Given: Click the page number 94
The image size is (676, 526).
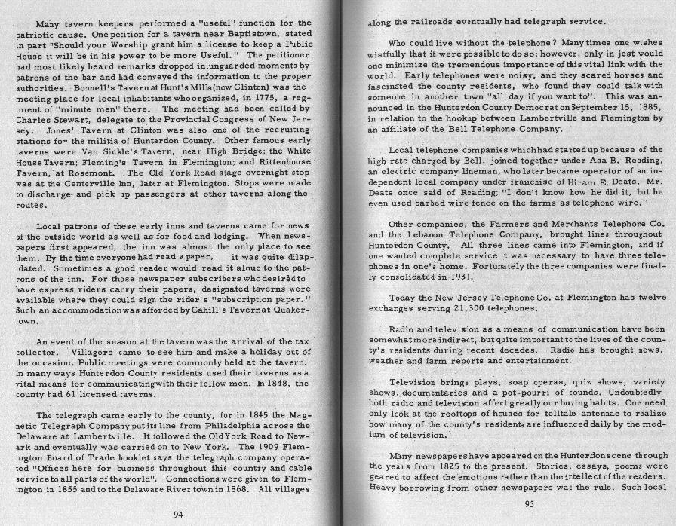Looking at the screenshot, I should (178, 515).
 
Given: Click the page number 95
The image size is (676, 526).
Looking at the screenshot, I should (529, 504).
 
